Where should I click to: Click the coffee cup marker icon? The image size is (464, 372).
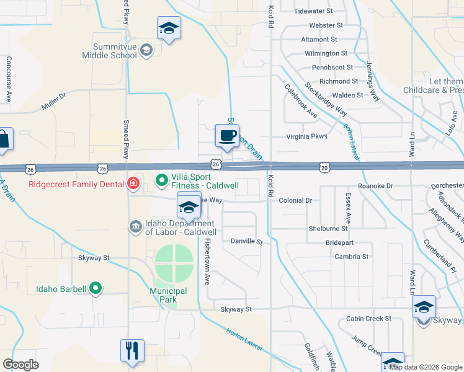[x=227, y=135]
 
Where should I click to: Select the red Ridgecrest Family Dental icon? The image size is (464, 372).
[x=132, y=183]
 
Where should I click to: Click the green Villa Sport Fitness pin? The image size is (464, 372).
[x=161, y=180]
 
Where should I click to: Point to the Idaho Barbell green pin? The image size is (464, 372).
[x=95, y=288]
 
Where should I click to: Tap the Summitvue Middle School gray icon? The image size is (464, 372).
[x=146, y=51]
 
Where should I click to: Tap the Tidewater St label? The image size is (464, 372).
[x=313, y=11]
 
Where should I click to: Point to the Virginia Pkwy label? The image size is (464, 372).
[x=306, y=136]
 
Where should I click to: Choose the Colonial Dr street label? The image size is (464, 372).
[x=299, y=200]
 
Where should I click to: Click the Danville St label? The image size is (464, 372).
[x=247, y=241]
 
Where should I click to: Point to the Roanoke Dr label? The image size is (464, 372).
[x=376, y=186]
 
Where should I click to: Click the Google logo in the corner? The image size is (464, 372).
[x=20, y=364]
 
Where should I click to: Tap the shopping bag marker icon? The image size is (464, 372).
[x=3, y=140]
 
